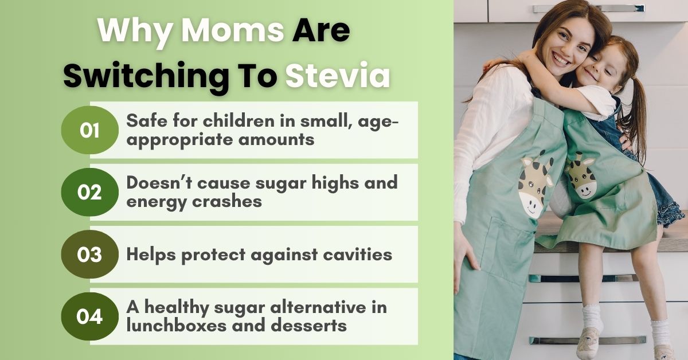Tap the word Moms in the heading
[x=233, y=30]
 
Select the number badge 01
[x=89, y=130]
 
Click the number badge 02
[x=89, y=192]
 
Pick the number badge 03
[x=89, y=255]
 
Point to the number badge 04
[x=89, y=316]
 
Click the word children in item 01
[x=239, y=121]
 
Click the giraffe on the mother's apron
[x=535, y=185]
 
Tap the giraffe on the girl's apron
[x=580, y=175]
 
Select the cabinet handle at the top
[x=588, y=8]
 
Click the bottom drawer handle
[x=588, y=341]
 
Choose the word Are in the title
[x=321, y=30]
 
